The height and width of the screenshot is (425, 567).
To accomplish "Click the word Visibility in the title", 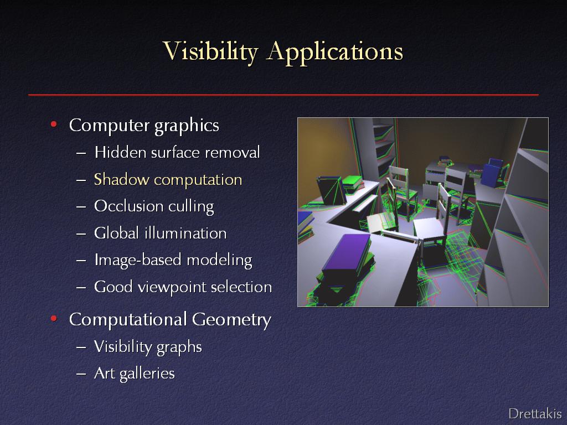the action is click(x=210, y=51).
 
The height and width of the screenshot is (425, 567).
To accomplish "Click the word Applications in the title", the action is click(x=335, y=51).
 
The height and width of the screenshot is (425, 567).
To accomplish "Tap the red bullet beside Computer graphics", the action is click(x=54, y=125).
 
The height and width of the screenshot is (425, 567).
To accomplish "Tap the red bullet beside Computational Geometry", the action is click(x=54, y=319).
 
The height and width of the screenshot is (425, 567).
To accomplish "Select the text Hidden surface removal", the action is click(x=177, y=153).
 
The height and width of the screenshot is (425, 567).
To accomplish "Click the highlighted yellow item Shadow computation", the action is click(x=168, y=180).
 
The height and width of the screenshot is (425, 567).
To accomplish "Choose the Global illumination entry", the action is click(x=160, y=233).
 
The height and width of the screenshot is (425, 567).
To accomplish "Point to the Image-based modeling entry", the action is click(x=173, y=260).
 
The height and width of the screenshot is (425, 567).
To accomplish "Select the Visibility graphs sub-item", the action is click(x=148, y=347).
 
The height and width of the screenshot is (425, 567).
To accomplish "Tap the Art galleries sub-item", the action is click(x=134, y=374).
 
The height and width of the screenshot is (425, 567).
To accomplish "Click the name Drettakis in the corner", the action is click(x=535, y=413).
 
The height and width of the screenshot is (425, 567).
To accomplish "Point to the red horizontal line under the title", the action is click(x=283, y=95).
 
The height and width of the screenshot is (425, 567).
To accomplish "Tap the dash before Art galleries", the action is click(x=81, y=374).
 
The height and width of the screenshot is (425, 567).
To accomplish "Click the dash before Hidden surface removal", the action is click(x=81, y=153).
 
